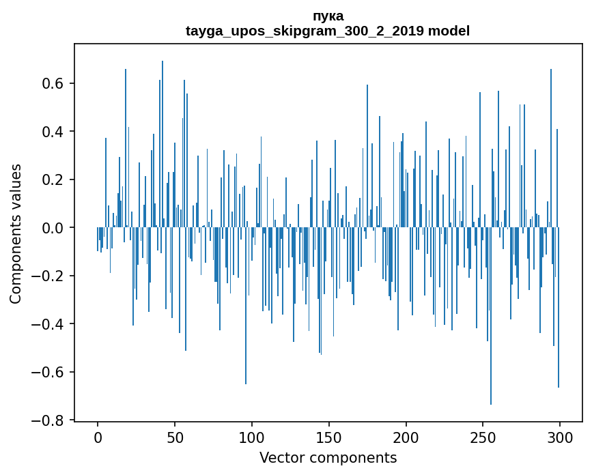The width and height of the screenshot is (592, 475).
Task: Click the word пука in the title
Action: click(x=328, y=16)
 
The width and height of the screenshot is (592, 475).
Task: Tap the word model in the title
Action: click(x=449, y=31)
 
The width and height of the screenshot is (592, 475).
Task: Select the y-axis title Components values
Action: click(x=16, y=233)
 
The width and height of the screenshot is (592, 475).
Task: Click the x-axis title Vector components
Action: click(x=328, y=457)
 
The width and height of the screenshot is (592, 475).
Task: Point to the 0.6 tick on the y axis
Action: click(x=54, y=83)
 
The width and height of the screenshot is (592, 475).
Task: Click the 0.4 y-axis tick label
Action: click(x=54, y=132)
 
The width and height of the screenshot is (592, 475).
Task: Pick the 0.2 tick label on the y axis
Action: click(x=54, y=180)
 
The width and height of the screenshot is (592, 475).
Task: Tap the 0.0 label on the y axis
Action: click(x=54, y=228)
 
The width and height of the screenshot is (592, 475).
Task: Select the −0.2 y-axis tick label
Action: click(x=50, y=276)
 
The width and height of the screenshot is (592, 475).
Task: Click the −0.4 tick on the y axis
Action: click(x=50, y=324)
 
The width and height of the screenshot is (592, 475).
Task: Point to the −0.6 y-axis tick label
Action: click(x=50, y=373)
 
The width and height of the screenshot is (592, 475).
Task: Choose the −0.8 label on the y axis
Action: click(x=50, y=420)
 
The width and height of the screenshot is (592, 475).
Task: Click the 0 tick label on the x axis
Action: click(x=98, y=436)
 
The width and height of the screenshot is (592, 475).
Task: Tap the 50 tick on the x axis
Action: click(x=175, y=436)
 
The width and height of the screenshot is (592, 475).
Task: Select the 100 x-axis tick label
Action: click(x=252, y=436)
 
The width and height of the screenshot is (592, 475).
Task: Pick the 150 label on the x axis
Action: click(x=329, y=436)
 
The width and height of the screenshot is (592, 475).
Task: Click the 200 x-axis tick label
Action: click(x=406, y=436)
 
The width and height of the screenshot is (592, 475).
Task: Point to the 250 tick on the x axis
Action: click(x=483, y=436)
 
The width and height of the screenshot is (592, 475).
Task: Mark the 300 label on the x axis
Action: click(x=560, y=436)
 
